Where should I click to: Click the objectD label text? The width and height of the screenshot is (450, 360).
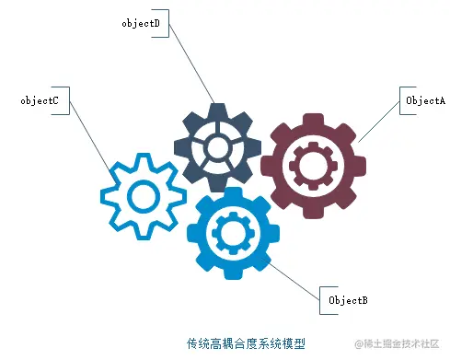[x=141, y=23]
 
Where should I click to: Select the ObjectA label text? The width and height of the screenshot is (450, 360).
[x=425, y=99]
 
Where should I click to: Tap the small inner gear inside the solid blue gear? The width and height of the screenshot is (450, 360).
[x=227, y=231]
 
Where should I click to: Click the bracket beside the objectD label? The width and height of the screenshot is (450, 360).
[x=166, y=24]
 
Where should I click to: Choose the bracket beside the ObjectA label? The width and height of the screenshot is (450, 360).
[x=398, y=99]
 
